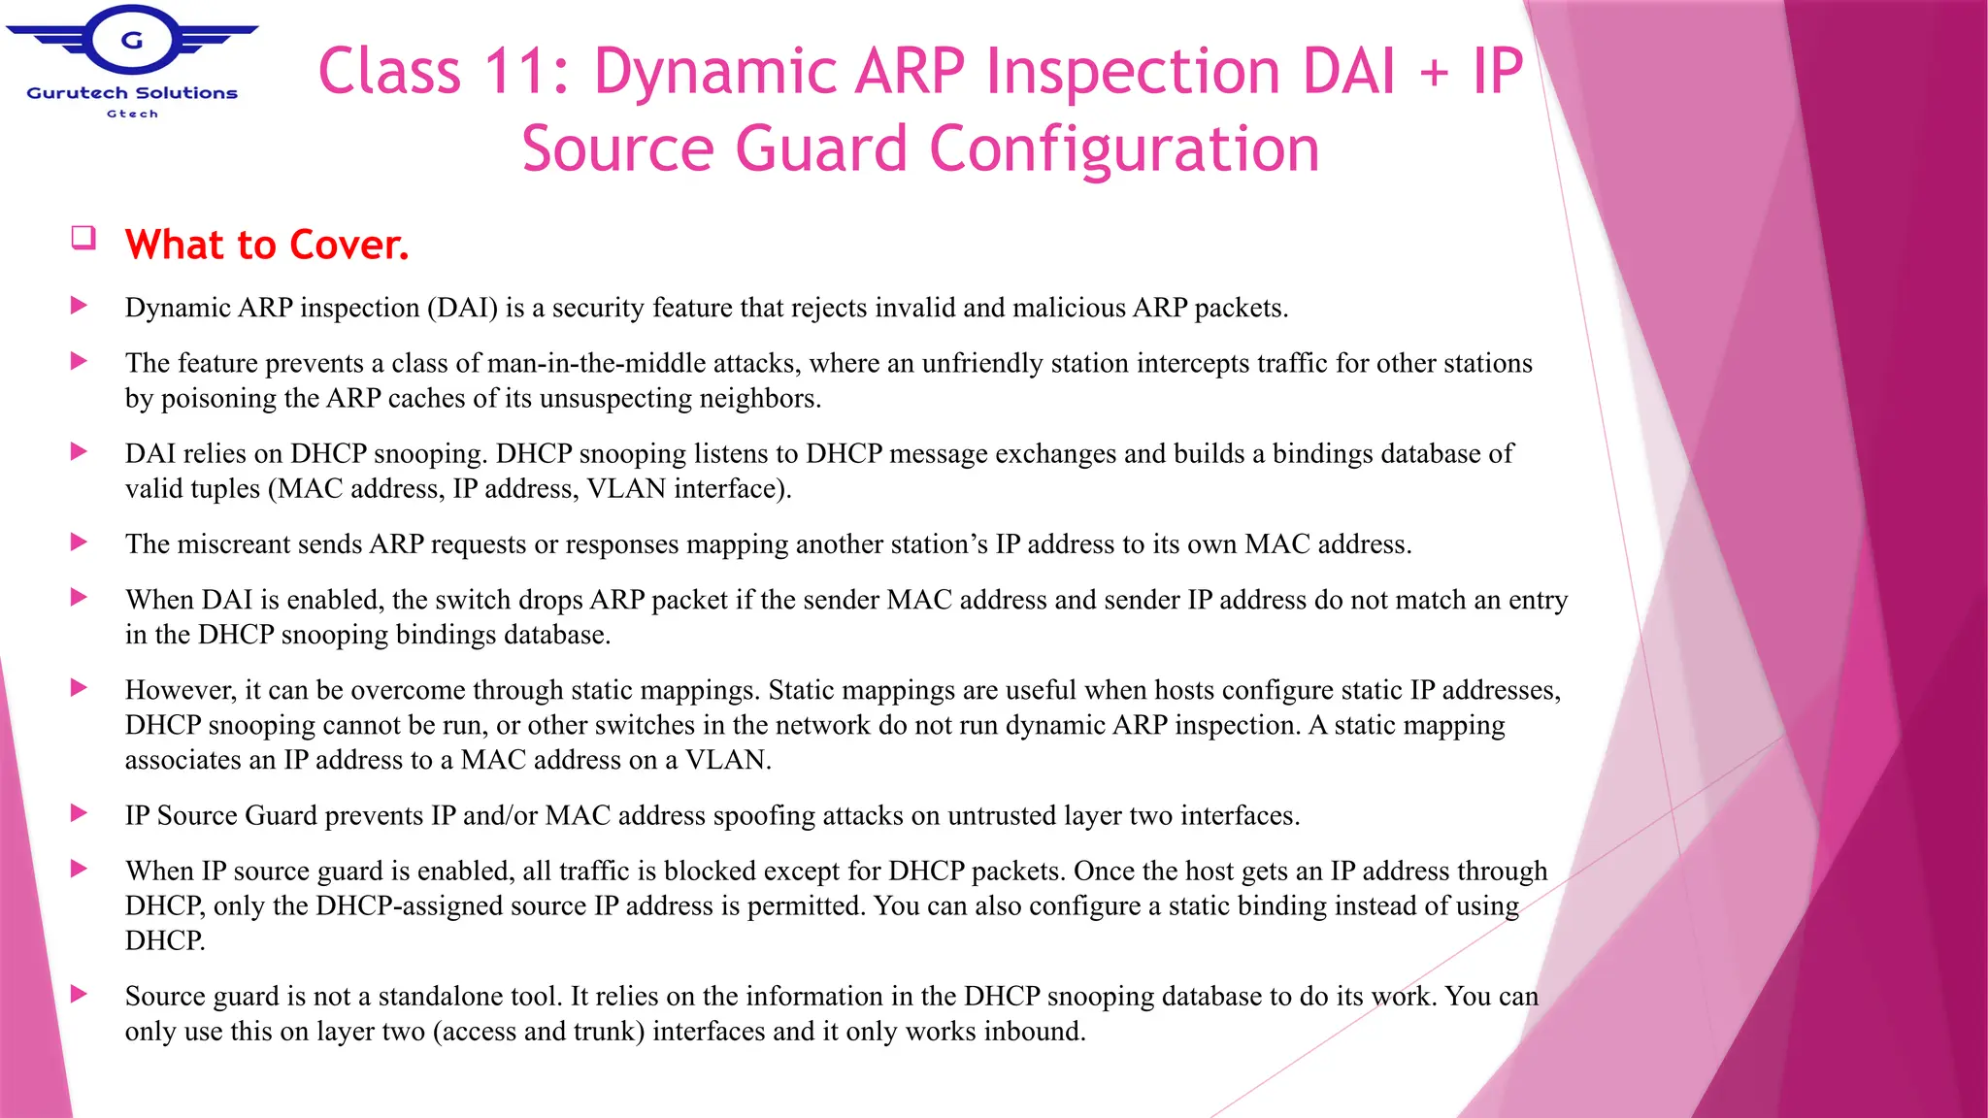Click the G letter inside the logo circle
[132, 41]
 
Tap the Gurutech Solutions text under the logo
[132, 93]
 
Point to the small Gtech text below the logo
[132, 114]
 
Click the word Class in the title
[389, 72]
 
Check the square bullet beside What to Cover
[83, 238]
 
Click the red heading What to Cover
[267, 245]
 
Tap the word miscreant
[235, 543]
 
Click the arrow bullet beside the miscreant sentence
[80, 542]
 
